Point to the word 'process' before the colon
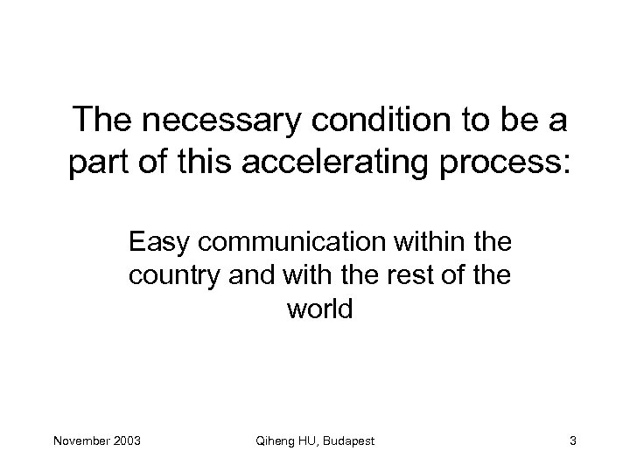[x=504, y=162]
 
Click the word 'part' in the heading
[x=99, y=162]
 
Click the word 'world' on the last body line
[x=318, y=309]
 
